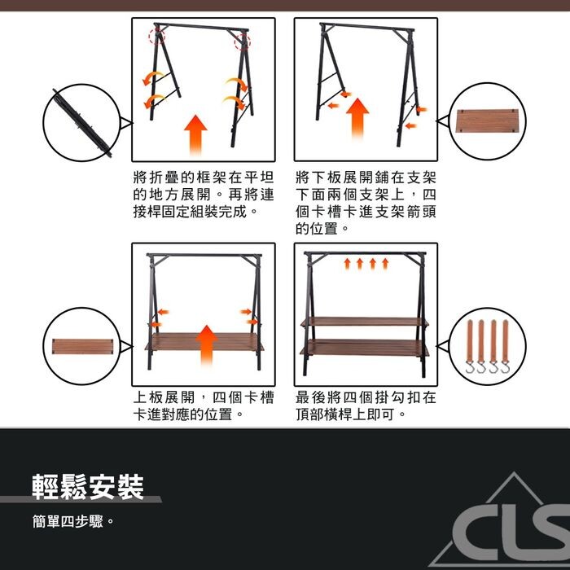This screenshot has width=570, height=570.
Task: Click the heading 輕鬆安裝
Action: [x=88, y=487]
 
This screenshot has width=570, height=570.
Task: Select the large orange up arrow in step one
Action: [x=195, y=134]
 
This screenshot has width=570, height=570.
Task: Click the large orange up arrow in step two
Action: [x=357, y=119]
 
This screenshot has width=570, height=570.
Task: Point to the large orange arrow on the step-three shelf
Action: [x=207, y=345]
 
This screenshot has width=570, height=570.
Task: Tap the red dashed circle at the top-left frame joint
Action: [x=157, y=37]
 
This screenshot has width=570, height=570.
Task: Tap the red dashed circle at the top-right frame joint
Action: [x=242, y=42]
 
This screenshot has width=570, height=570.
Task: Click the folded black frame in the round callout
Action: [x=81, y=123]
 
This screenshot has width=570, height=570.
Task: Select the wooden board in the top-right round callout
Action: [x=487, y=121]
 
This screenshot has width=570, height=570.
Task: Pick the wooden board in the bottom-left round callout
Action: [x=82, y=346]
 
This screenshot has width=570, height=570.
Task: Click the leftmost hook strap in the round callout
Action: [x=470, y=346]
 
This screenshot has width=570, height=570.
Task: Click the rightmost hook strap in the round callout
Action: [x=506, y=346]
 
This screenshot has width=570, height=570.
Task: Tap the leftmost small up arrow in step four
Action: [x=347, y=264]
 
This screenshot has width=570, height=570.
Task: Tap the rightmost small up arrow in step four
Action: [x=385, y=264]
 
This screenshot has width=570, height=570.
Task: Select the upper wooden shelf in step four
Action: [x=365, y=322]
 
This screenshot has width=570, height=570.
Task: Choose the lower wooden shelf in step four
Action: [x=364, y=348]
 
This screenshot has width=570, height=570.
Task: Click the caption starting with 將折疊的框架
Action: [x=204, y=195]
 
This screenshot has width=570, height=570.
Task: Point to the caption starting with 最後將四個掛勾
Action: [x=366, y=406]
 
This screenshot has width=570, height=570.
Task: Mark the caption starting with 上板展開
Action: [x=204, y=406]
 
